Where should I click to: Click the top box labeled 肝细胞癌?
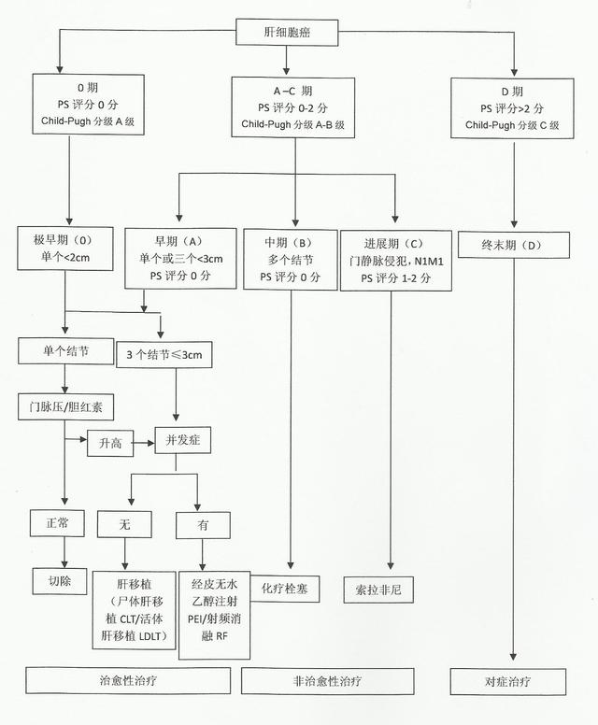click(287, 33)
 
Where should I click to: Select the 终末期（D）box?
click(513, 245)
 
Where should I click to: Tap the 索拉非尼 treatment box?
click(378, 590)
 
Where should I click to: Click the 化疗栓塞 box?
click(285, 589)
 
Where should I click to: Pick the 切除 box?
click(60, 581)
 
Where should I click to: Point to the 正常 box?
click(57, 523)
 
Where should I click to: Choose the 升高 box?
click(110, 444)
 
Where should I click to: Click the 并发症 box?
click(183, 440)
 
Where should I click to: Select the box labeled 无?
click(124, 524)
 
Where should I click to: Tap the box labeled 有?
click(203, 525)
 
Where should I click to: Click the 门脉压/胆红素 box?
click(65, 407)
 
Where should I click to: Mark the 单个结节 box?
click(65, 351)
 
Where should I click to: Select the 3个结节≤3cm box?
click(164, 355)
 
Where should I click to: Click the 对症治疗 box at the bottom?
click(507, 681)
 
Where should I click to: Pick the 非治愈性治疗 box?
click(327, 681)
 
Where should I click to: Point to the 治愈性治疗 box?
click(128, 680)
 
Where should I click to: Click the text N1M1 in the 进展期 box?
click(429, 262)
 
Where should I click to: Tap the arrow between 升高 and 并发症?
click(144, 443)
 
